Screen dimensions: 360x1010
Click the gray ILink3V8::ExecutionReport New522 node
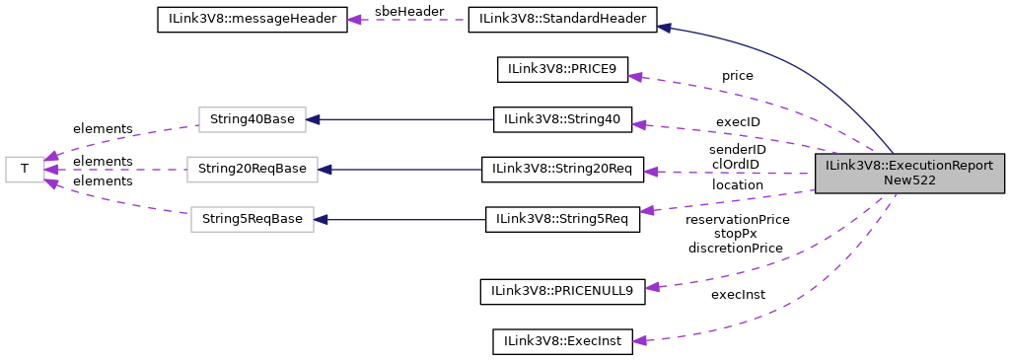(908, 173)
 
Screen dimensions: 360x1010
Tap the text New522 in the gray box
(908, 181)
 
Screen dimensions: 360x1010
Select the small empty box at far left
(25, 170)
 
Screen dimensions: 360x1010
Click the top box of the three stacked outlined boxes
(252, 119)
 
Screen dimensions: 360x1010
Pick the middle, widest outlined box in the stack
(252, 170)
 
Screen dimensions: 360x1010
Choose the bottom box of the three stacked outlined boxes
(252, 219)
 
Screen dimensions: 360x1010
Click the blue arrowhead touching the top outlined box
(313, 119)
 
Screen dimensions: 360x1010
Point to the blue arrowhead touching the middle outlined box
(325, 170)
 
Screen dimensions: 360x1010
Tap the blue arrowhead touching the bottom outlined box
(321, 219)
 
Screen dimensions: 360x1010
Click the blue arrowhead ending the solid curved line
(664, 28)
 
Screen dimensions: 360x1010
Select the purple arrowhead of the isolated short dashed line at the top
(354, 20)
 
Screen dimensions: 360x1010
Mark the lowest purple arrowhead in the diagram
(639, 340)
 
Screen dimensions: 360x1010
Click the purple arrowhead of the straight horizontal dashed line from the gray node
(651, 172)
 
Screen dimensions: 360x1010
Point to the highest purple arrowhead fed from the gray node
(635, 76)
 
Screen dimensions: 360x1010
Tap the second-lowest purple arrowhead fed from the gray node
(652, 287)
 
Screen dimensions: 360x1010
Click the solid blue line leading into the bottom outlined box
(404, 219)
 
